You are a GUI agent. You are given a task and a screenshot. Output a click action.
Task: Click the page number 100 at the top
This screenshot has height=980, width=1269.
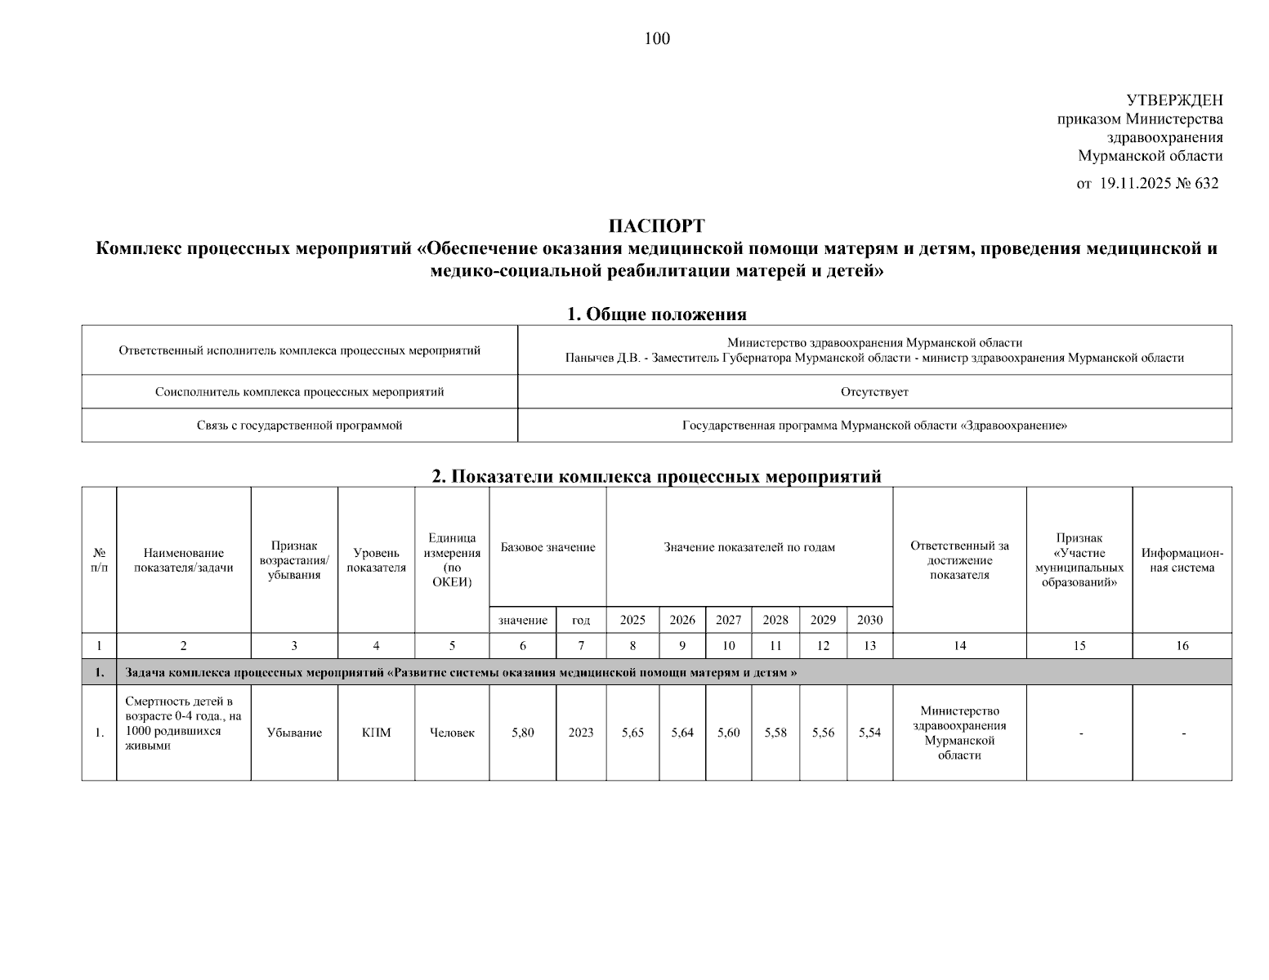click(657, 38)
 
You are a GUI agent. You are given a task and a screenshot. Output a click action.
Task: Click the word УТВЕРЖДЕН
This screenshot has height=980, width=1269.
click(1174, 100)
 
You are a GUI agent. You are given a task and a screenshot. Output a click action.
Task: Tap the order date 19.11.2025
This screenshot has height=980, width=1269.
click(1135, 184)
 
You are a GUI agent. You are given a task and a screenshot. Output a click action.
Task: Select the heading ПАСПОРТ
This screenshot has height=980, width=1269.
click(656, 226)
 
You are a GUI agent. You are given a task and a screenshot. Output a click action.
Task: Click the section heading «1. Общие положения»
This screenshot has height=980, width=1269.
click(656, 314)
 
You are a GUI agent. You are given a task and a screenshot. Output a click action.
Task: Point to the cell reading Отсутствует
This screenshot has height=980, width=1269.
click(874, 392)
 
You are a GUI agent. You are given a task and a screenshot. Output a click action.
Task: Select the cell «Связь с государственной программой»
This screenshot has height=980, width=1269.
click(299, 425)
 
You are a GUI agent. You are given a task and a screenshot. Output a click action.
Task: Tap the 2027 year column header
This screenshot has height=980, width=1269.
click(728, 620)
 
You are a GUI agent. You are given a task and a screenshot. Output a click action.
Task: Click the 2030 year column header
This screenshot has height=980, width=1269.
click(869, 620)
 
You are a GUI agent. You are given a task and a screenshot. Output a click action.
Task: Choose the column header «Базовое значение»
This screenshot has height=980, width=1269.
click(547, 547)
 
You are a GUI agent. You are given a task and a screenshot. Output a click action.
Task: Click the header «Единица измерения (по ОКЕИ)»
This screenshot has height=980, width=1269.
click(452, 559)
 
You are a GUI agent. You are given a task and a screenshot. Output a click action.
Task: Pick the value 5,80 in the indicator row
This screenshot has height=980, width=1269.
click(523, 733)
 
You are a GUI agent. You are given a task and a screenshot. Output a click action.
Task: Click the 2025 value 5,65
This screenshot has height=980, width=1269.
click(632, 733)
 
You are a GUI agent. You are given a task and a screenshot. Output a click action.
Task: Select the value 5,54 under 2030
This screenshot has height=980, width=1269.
click(869, 733)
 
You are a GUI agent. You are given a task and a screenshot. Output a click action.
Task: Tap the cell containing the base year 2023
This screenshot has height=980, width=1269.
click(581, 733)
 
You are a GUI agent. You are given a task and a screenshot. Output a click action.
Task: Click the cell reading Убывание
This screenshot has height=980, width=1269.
click(294, 733)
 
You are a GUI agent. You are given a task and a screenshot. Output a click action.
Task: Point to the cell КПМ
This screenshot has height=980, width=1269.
click(376, 733)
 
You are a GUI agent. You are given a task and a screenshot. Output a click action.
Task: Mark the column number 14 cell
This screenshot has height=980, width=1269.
click(959, 646)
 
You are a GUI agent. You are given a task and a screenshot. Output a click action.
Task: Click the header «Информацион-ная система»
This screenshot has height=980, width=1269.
click(1182, 560)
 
